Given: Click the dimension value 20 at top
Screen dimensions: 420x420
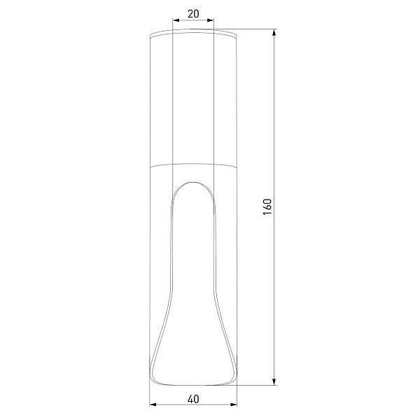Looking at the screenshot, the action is click(193, 14).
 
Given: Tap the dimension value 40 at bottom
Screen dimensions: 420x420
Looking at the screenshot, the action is click(193, 399).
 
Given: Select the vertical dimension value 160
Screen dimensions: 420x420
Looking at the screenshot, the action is click(267, 206).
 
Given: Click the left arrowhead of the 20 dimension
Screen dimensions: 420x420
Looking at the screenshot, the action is click(176, 20).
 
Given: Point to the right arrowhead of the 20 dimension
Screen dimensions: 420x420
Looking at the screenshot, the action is click(211, 20).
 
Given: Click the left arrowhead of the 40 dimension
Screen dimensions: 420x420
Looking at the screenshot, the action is click(153, 405).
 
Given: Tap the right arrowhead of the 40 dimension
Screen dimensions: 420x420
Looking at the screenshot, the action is click(234, 405).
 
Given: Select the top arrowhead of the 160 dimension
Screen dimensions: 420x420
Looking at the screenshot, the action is click(274, 32).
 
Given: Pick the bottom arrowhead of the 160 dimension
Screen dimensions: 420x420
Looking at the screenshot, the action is click(274, 381).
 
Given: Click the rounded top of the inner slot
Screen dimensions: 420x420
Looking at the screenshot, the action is click(193, 182).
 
